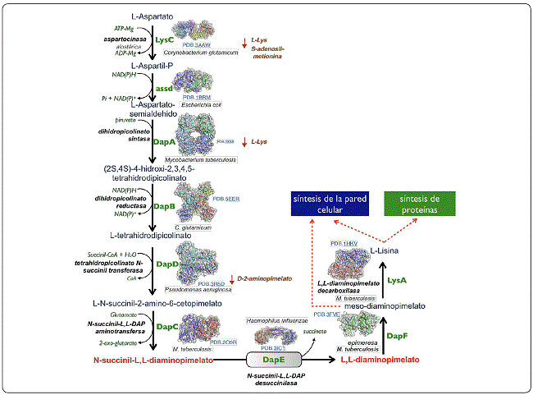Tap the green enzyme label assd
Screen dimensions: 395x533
[165, 87]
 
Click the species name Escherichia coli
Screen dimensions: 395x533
[202, 104]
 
